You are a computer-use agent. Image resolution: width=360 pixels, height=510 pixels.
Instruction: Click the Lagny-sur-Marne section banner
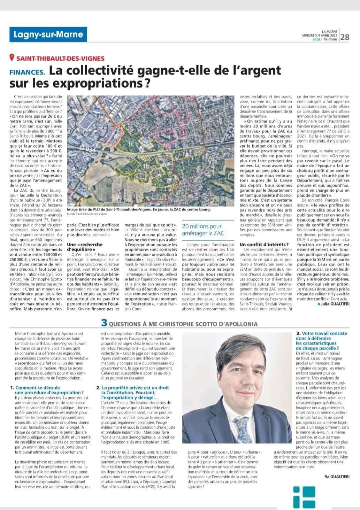pos(48,34)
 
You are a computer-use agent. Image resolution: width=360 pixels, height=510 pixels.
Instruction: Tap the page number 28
pos(345,37)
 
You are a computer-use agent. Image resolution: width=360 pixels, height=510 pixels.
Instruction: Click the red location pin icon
pos(12,58)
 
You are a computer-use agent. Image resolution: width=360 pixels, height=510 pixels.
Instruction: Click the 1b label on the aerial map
pos(146,167)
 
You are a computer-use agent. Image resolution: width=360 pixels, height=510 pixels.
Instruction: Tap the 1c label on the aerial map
pos(131,143)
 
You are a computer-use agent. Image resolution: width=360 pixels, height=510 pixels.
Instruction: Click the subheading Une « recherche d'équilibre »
pos(85,247)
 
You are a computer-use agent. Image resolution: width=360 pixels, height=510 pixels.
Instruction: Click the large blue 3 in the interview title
pos(104,323)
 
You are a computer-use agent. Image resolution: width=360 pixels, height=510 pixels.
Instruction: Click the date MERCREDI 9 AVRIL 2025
pos(320,35)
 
